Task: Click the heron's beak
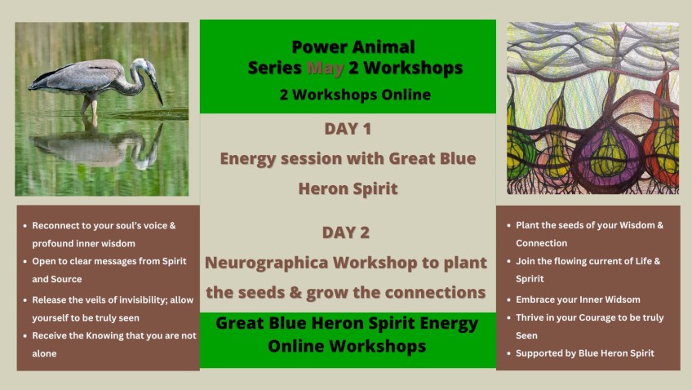click(x=157, y=91)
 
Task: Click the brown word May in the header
click(x=326, y=68)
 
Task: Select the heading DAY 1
click(x=348, y=129)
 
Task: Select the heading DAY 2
click(x=346, y=233)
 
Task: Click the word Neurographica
click(x=266, y=263)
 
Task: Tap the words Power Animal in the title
click(x=353, y=47)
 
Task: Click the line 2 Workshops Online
click(x=355, y=95)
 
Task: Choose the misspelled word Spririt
click(x=530, y=279)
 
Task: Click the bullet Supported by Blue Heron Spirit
click(x=585, y=353)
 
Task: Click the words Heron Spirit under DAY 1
click(x=348, y=188)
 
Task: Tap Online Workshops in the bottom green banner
click(x=347, y=346)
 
